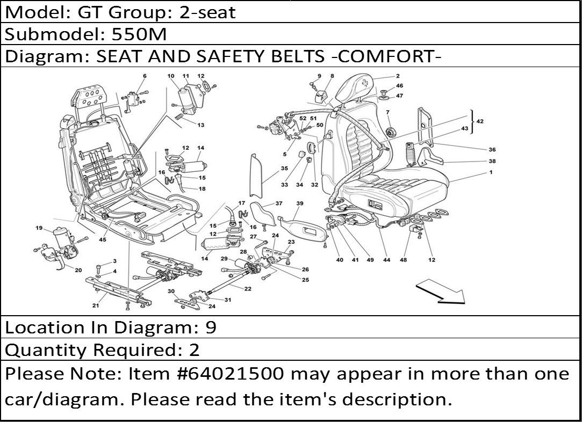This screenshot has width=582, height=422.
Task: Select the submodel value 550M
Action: [x=139, y=34]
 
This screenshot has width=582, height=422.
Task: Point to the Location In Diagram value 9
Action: [x=211, y=328]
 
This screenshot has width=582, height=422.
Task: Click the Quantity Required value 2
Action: [x=194, y=350]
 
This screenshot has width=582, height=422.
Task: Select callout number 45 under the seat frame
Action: [x=103, y=239]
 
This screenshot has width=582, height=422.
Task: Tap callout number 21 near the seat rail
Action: [x=96, y=305]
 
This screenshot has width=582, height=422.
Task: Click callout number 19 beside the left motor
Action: [x=39, y=228]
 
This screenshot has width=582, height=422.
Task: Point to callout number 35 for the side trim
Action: [x=284, y=169]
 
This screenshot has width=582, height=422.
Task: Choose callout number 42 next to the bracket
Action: [x=480, y=121]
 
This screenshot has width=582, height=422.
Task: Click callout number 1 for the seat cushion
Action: [x=491, y=172]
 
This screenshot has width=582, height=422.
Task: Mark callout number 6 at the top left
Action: [x=145, y=76]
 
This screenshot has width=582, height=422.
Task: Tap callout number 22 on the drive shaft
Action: [x=248, y=289]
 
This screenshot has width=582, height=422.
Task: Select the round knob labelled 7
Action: [x=390, y=132]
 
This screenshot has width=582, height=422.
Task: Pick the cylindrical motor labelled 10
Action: [x=184, y=100]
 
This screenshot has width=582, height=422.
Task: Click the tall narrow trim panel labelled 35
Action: [x=256, y=176]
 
